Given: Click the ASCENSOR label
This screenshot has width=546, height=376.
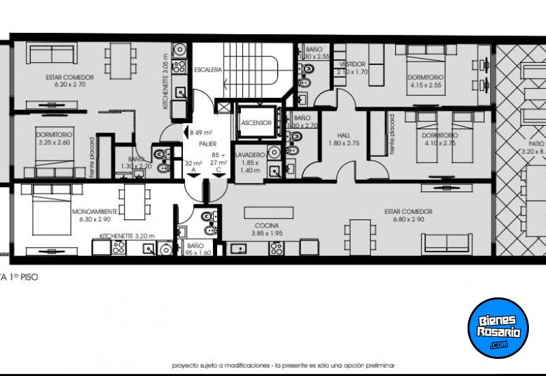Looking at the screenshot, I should [x=257, y=123].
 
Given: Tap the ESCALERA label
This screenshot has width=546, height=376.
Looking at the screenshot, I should [x=207, y=70].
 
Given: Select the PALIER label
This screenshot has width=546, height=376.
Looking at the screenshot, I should [x=207, y=144].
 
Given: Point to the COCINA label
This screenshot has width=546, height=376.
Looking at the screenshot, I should [x=266, y=225].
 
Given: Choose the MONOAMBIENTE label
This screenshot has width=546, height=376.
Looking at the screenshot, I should [x=95, y=212].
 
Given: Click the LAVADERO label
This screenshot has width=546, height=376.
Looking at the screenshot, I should [x=250, y=155].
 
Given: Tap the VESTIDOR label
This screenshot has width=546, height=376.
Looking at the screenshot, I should [x=352, y=64].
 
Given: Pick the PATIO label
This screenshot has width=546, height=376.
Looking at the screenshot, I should [x=536, y=144].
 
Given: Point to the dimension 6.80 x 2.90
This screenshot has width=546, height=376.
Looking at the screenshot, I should [x=408, y=219].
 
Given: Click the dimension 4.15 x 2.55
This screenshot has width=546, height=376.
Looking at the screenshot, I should [x=426, y=85].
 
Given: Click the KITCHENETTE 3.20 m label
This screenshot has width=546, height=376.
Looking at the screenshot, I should [x=128, y=236].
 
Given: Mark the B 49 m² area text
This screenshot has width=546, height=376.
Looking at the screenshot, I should [x=202, y=133].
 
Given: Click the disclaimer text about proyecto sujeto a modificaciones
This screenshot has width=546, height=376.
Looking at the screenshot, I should [x=283, y=366].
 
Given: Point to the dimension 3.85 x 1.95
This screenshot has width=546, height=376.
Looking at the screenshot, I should [x=266, y=233].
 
